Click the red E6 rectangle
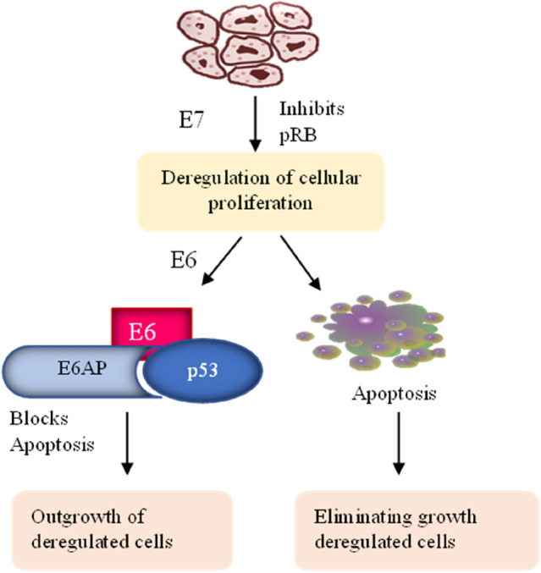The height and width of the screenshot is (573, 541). pyautogui.click(x=152, y=330)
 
